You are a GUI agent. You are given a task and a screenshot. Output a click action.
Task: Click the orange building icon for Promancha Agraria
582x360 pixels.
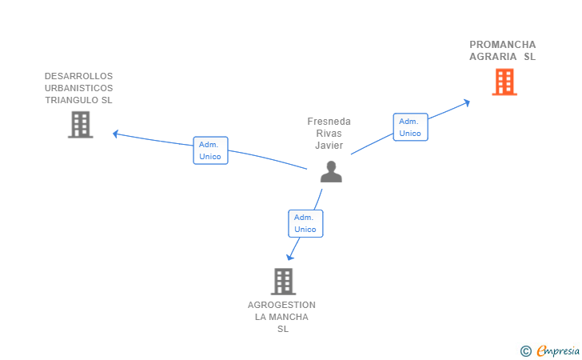click(x=504, y=82)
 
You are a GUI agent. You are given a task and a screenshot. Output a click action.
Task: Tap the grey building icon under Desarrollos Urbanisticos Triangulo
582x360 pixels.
click(x=81, y=125)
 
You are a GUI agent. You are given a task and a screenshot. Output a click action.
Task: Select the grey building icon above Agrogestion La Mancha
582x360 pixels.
click(x=283, y=282)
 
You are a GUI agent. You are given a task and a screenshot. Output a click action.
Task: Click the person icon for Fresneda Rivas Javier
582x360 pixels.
click(x=331, y=172)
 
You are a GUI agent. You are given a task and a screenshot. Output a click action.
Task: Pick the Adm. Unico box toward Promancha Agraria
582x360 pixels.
click(x=411, y=127)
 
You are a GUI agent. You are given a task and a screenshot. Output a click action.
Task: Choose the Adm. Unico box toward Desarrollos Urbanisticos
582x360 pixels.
click(x=210, y=150)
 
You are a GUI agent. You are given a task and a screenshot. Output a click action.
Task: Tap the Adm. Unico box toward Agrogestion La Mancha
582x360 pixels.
click(x=305, y=224)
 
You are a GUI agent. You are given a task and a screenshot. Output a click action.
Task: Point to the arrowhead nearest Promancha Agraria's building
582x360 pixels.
click(x=467, y=102)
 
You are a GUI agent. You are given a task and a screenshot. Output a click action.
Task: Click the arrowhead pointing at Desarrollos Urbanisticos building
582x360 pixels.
click(x=115, y=134)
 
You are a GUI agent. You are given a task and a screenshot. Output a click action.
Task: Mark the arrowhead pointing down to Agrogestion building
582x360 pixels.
click(x=290, y=257)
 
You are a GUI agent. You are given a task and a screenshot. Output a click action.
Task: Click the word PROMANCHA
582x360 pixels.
click(x=503, y=45)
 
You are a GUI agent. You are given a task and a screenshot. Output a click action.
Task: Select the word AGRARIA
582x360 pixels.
click(x=493, y=57)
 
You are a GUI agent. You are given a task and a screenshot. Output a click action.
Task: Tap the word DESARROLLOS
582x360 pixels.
click(x=78, y=76)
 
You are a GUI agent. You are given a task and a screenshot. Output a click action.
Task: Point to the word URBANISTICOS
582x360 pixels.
click(x=78, y=88)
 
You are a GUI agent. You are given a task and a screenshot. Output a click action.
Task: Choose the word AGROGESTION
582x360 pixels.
click(x=281, y=305)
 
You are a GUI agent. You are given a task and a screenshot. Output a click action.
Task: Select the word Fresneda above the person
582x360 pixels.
click(x=329, y=122)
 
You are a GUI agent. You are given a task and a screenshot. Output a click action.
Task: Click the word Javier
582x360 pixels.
click(x=329, y=146)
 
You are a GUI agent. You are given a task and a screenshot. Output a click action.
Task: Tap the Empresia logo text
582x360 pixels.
click(x=558, y=350)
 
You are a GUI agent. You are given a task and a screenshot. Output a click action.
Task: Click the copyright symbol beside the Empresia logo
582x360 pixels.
click(x=525, y=351)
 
